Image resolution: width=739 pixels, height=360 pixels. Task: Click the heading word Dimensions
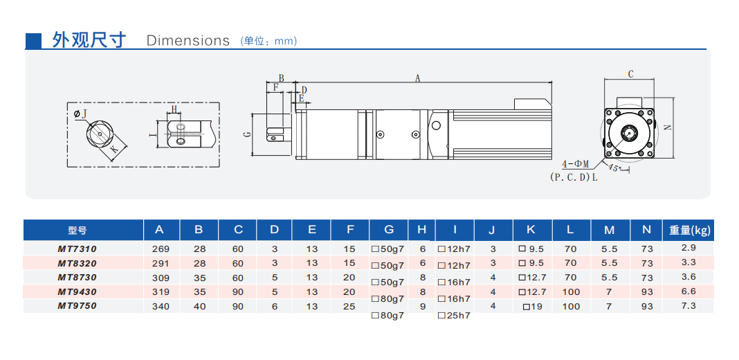click(188, 40)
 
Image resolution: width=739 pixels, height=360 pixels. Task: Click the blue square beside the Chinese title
click(33, 40)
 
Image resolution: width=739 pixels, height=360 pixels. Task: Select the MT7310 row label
click(77, 248)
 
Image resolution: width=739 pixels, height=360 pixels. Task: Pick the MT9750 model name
click(77, 306)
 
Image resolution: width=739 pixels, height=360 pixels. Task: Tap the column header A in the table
click(160, 230)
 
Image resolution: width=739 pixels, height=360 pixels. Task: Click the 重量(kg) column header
click(690, 230)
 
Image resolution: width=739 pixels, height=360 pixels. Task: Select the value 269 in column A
click(161, 248)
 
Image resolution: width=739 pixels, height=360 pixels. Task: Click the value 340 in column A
click(161, 306)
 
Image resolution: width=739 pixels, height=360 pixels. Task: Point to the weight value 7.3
click(688, 305)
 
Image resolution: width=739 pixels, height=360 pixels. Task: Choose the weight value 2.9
click(688, 247)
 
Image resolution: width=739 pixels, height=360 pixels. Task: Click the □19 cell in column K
click(532, 306)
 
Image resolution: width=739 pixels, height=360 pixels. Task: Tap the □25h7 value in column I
click(454, 316)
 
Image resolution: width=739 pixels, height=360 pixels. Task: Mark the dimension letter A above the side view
click(418, 78)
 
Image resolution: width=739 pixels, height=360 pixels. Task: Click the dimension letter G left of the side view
click(247, 134)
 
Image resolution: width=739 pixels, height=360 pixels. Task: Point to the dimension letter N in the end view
click(667, 127)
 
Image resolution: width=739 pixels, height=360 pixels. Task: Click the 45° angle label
click(614, 168)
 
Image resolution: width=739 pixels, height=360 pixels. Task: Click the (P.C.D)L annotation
click(574, 177)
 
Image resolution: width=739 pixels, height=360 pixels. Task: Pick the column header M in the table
click(609, 230)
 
